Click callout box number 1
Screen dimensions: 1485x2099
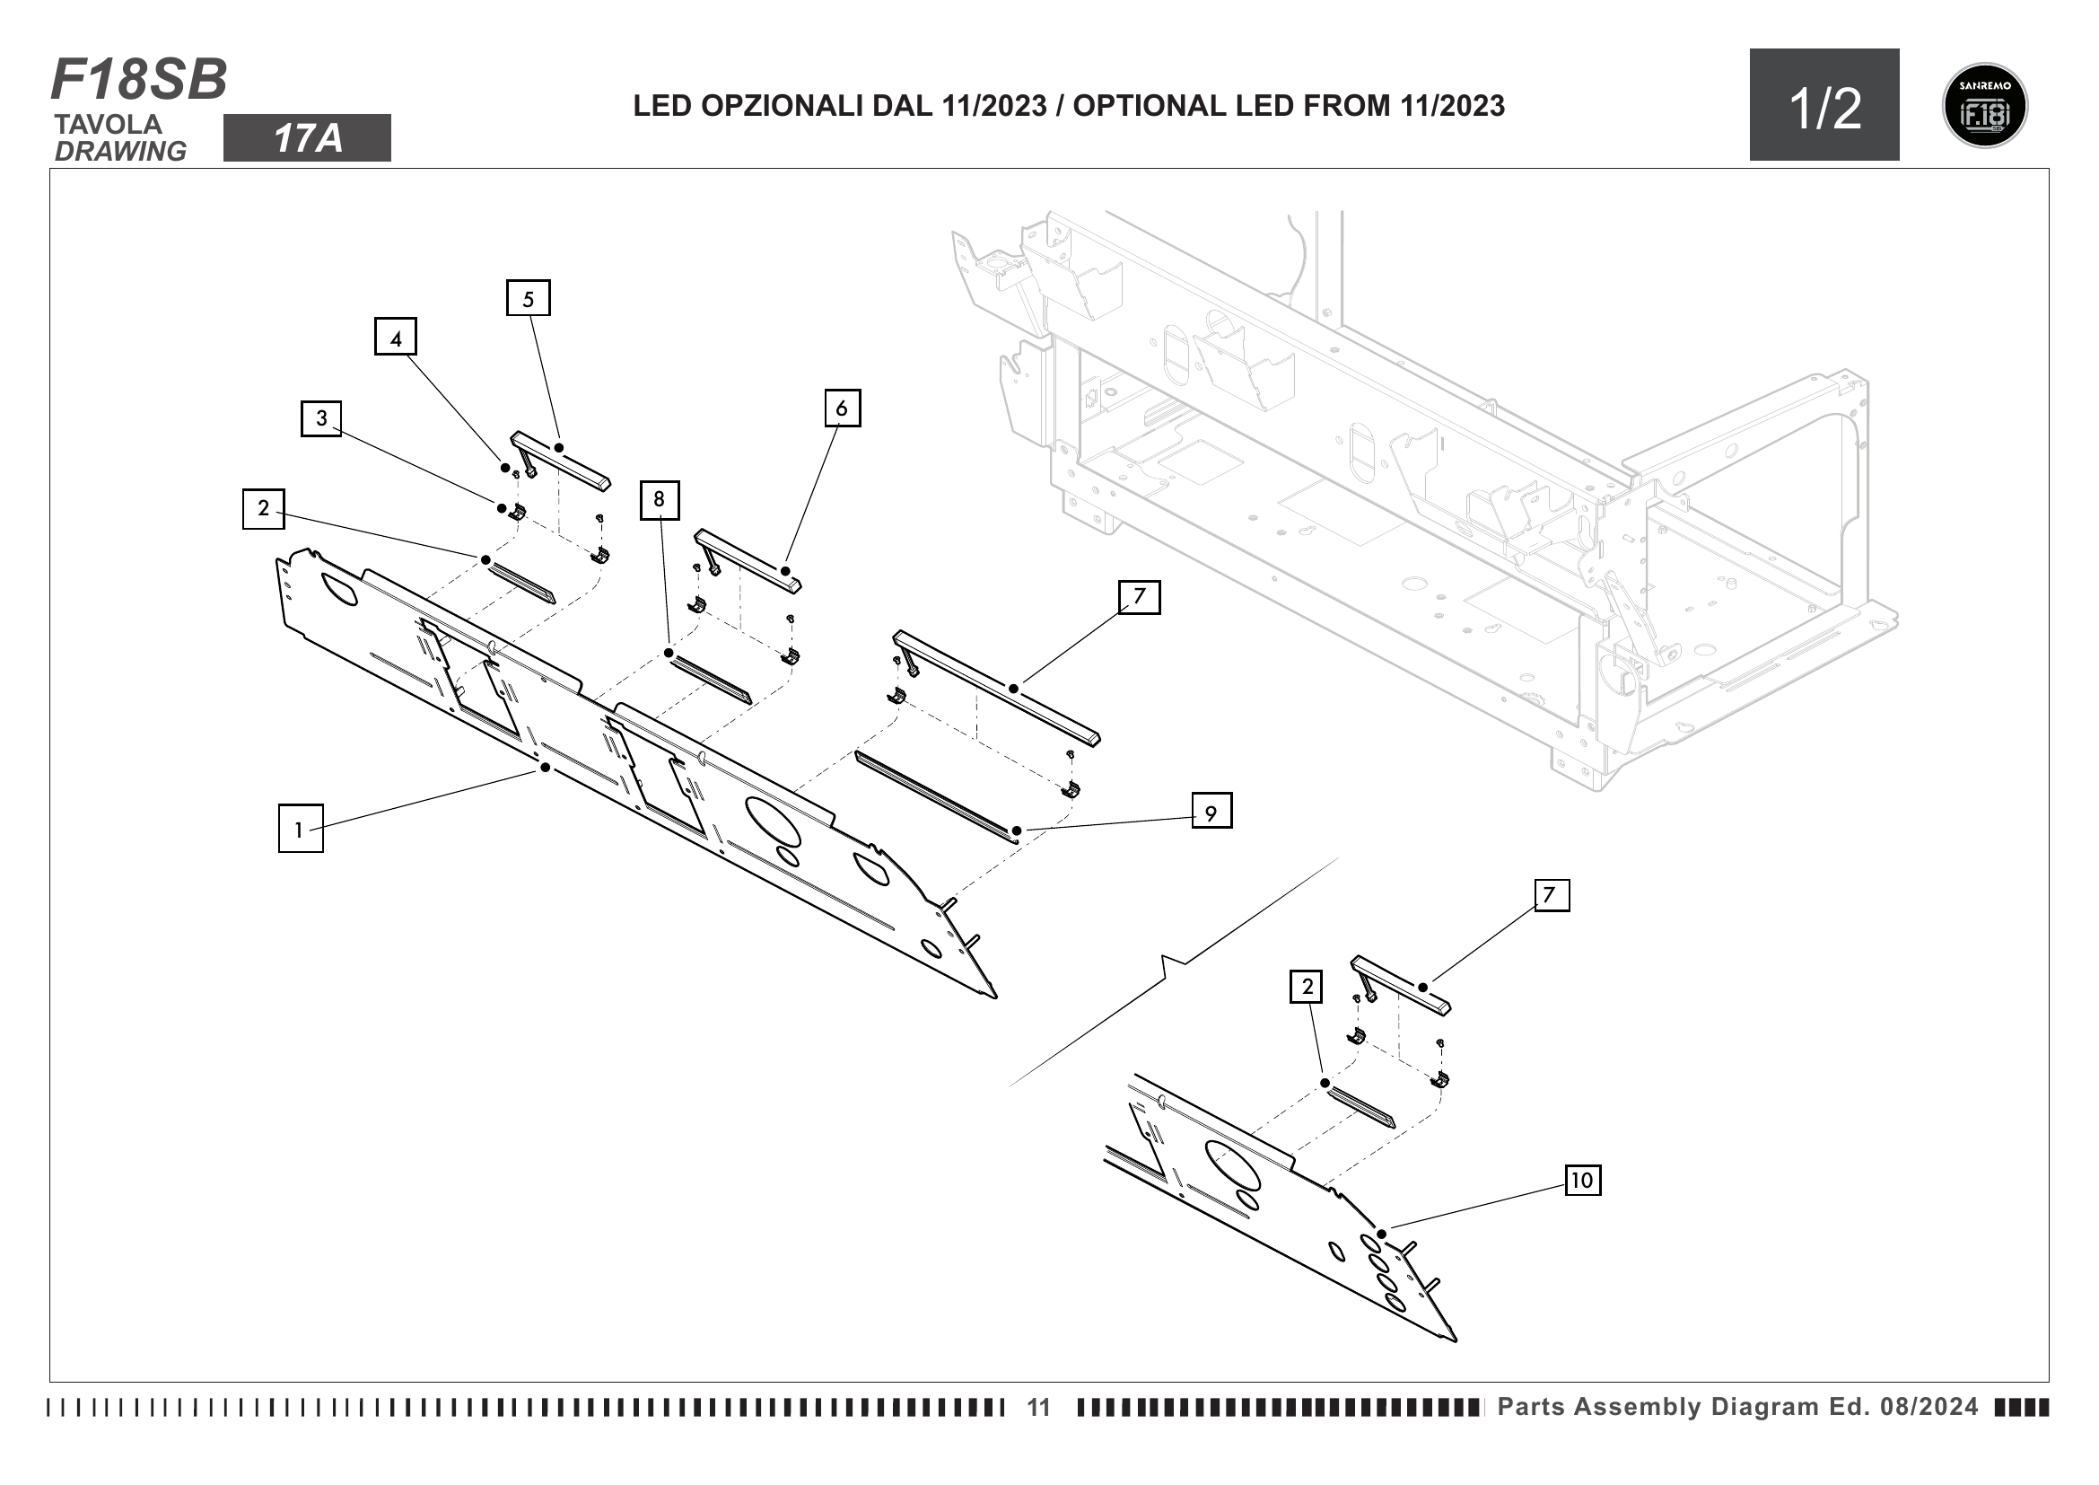(300, 829)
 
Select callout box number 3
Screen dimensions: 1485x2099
(321, 417)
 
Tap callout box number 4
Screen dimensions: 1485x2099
(396, 337)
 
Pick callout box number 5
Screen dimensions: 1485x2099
(529, 298)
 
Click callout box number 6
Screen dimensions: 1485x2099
(842, 408)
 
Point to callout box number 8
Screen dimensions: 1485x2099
(660, 499)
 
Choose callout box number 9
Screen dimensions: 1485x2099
(1211, 811)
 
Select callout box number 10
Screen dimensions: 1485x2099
(1582, 1180)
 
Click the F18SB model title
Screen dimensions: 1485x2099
(139, 80)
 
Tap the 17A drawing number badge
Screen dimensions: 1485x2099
(307, 138)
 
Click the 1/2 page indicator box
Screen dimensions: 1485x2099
(1824, 105)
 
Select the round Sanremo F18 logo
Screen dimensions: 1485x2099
(1984, 105)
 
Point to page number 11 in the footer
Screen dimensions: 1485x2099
(1038, 1407)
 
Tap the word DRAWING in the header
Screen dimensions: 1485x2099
(119, 151)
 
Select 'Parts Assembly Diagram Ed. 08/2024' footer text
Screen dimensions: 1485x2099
(1737, 1406)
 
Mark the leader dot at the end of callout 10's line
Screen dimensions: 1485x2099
(1382, 1235)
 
